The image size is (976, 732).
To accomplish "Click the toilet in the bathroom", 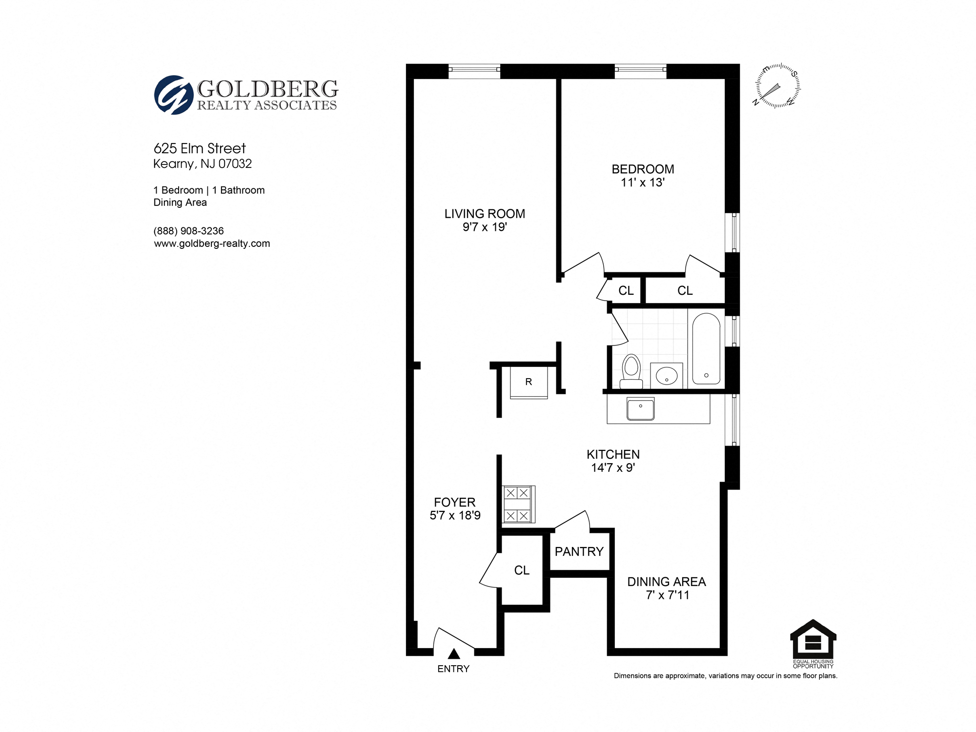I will pyautogui.click(x=631, y=370).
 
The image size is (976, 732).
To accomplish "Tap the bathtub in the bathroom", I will pyautogui.click(x=706, y=348).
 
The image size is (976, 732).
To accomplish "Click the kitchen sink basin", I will pyautogui.click(x=640, y=408).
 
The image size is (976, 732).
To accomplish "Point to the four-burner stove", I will pyautogui.click(x=518, y=504).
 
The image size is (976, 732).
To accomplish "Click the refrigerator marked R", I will pyautogui.click(x=529, y=382).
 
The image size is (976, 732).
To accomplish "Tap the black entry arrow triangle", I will pyautogui.click(x=454, y=654).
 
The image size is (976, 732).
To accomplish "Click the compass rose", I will pyautogui.click(x=777, y=86).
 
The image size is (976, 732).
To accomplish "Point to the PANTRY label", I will pyautogui.click(x=579, y=551).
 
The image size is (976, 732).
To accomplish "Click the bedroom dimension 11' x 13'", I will pyautogui.click(x=643, y=183).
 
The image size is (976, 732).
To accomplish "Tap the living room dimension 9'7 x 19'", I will pyautogui.click(x=485, y=227).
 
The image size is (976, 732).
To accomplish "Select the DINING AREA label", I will pyautogui.click(x=666, y=582).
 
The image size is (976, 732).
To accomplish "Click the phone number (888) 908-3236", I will pyautogui.click(x=188, y=231).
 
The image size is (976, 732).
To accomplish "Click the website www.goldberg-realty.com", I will pyautogui.click(x=212, y=244).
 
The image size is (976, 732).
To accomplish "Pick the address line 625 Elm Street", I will pyautogui.click(x=200, y=148).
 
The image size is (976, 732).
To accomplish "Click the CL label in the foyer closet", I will pyautogui.click(x=522, y=570).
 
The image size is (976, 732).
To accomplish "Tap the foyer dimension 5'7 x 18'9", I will pyautogui.click(x=455, y=515).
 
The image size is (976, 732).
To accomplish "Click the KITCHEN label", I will pyautogui.click(x=613, y=454).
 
